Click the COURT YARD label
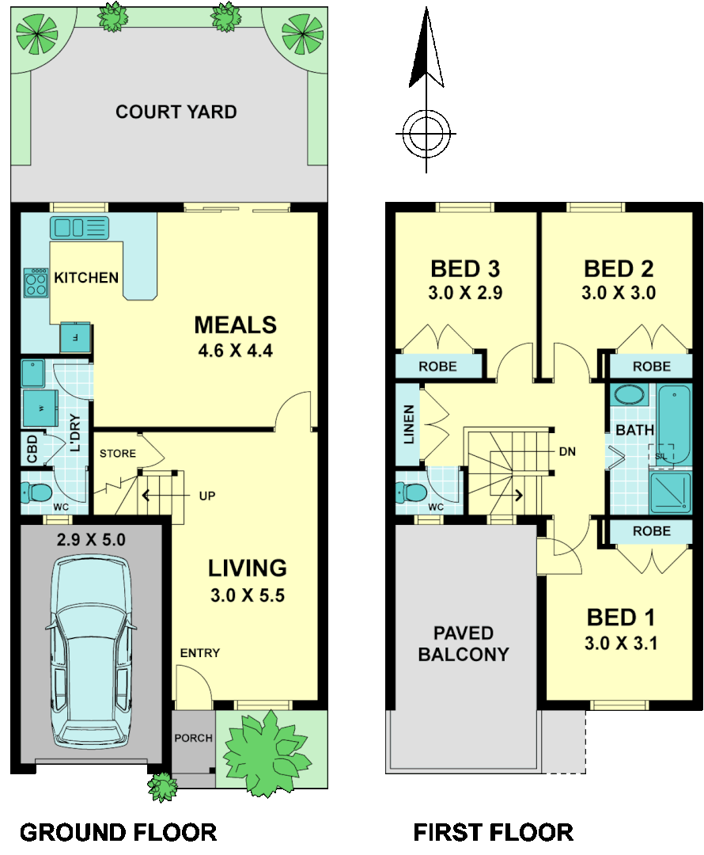tap(176, 112)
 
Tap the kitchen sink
tap(79, 228)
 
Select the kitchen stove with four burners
tap(36, 283)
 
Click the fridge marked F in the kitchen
tap(75, 337)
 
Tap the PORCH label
tap(193, 738)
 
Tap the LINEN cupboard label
tap(408, 424)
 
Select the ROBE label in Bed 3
tap(438, 367)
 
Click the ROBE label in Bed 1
tap(652, 531)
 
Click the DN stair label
tap(566, 452)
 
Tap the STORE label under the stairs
tap(117, 454)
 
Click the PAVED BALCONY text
tap(463, 644)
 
